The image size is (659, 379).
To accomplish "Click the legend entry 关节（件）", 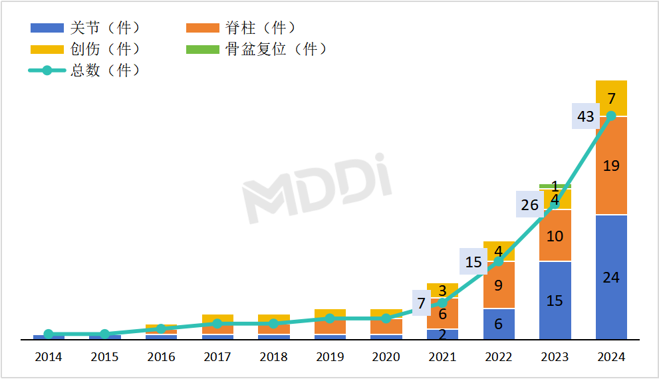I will pyautogui.click(x=86, y=28).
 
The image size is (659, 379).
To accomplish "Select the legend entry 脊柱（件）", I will pyautogui.click(x=241, y=28).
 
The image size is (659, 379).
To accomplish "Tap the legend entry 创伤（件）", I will pyautogui.click(x=86, y=49).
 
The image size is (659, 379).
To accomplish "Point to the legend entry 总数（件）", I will pyautogui.click(x=86, y=70).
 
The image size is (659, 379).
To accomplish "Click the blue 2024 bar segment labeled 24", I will pyautogui.click(x=611, y=277).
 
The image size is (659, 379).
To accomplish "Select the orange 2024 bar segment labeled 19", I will pyautogui.click(x=611, y=166).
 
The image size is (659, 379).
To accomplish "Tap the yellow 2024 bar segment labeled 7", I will pyautogui.click(x=611, y=98).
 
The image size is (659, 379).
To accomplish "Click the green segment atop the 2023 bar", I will pyautogui.click(x=555, y=186).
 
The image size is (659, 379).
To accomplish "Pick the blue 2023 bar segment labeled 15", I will pyautogui.click(x=555, y=301).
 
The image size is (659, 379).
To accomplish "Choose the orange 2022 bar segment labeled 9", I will pyautogui.click(x=499, y=285).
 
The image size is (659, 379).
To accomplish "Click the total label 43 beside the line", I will pyautogui.click(x=586, y=116).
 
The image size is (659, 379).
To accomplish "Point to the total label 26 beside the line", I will pyautogui.click(x=530, y=205).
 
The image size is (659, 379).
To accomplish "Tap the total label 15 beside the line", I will pyautogui.click(x=473, y=262).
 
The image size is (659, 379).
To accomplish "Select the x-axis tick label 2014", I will pyautogui.click(x=49, y=357).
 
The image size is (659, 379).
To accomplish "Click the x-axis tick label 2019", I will pyautogui.click(x=330, y=357).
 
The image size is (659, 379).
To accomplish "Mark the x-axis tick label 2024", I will pyautogui.click(x=611, y=357).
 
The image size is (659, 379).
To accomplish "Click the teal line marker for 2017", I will pyautogui.click(x=217, y=323).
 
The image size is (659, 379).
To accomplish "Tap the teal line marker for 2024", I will pyautogui.click(x=611, y=116).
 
